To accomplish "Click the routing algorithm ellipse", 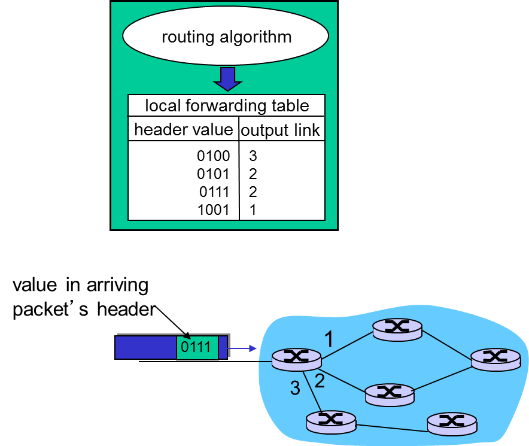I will click(x=226, y=37).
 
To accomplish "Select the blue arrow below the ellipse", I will click(x=227, y=78).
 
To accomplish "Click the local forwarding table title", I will click(x=227, y=106).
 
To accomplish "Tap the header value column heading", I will click(x=183, y=129).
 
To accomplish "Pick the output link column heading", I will click(x=281, y=130).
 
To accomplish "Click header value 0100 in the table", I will click(x=213, y=156).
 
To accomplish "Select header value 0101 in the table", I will click(x=213, y=174).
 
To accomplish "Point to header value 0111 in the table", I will click(x=214, y=192).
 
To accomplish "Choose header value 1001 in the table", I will click(x=213, y=210).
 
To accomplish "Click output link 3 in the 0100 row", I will click(x=253, y=156).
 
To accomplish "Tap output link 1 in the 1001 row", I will click(x=253, y=210).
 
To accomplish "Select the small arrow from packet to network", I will click(x=242, y=348).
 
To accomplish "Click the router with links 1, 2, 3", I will click(x=296, y=359).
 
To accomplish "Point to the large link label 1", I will click(x=329, y=339).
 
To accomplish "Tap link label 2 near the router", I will click(x=320, y=381).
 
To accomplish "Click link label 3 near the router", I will click(x=294, y=389).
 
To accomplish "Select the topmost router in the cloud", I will click(x=396, y=328).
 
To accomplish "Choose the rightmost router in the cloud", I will click(x=495, y=358).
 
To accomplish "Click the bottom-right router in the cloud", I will click(x=452, y=423).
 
